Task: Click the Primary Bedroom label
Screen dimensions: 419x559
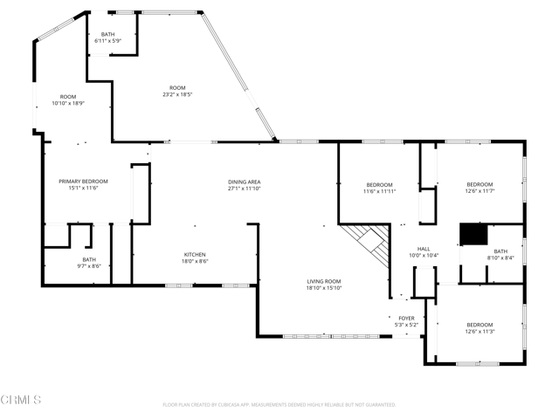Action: (84, 181)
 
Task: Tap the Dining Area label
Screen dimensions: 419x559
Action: (245, 181)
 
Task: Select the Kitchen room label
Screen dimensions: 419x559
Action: (195, 254)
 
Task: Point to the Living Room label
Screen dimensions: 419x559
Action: (323, 281)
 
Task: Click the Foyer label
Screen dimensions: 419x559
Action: (407, 318)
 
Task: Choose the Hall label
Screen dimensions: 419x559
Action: (424, 249)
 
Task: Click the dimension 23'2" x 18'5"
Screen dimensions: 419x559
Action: (177, 94)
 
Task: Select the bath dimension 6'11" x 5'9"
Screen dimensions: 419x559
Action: (107, 41)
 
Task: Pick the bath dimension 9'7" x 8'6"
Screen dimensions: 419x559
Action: (89, 266)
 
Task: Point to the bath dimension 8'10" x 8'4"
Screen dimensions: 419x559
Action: (500, 258)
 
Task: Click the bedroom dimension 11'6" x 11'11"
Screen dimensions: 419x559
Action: (379, 191)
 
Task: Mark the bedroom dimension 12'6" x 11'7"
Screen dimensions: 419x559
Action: (480, 191)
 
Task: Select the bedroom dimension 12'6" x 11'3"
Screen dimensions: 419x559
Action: (480, 332)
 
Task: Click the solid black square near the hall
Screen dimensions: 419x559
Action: (473, 235)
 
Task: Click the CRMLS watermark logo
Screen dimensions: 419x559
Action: (22, 400)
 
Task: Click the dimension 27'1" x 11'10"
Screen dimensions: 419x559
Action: (245, 188)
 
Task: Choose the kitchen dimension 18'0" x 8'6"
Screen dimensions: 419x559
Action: (195, 261)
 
